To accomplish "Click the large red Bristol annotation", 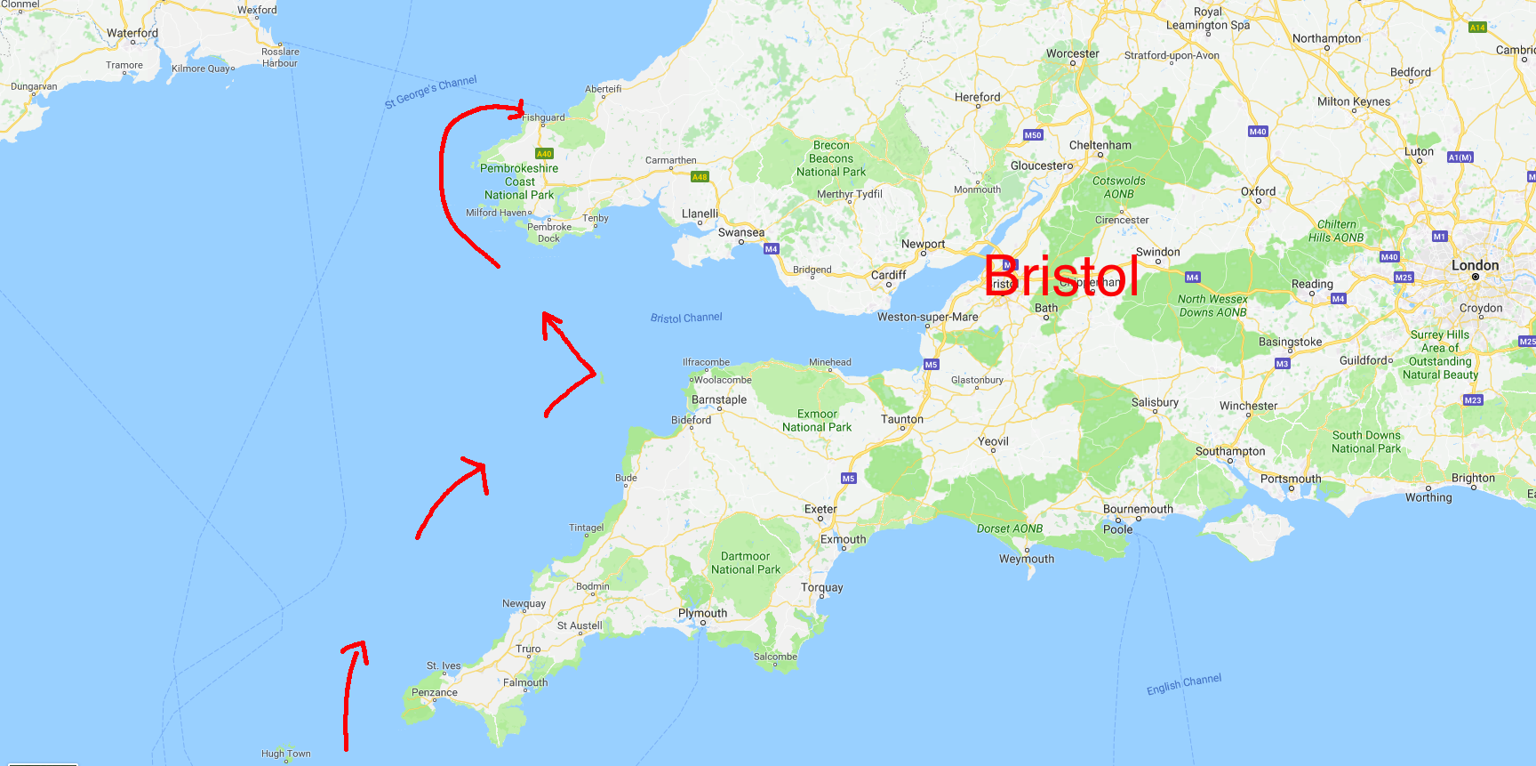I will [1061, 276].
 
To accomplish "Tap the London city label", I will [1475, 265].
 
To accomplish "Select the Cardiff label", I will [888, 275].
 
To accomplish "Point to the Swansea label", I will [740, 232].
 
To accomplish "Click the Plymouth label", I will [702, 613].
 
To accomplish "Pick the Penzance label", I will [434, 692].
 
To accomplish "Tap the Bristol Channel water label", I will [686, 318].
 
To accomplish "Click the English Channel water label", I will [1184, 684].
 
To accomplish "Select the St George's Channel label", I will [430, 93].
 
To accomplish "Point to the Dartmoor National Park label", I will [746, 563].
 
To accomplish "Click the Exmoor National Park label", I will [817, 421].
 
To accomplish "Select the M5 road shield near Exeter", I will [848, 479].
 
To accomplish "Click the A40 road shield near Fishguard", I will [544, 154].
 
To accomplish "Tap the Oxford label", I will [1258, 191].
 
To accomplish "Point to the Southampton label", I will [1230, 451].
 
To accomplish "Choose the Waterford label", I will [132, 33].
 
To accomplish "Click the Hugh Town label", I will [285, 754].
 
